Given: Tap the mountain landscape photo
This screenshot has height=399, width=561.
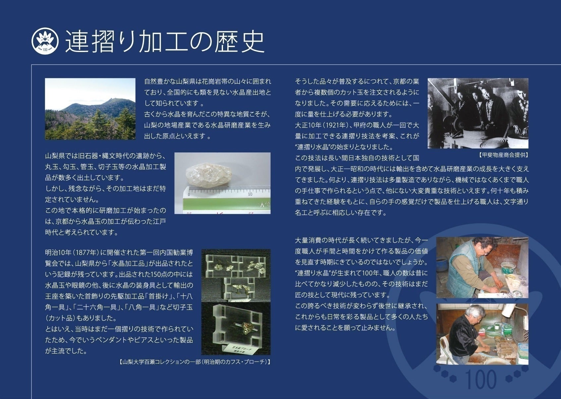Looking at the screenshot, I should click(x=90, y=109).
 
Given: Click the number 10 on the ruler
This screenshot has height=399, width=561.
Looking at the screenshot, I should click(x=250, y=194).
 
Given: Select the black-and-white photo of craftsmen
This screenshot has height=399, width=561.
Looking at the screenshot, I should click(x=478, y=113).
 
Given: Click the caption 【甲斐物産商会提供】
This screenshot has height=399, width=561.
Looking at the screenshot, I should click(x=503, y=155).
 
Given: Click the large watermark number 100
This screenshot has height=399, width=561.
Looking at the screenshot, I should click(x=481, y=379).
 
